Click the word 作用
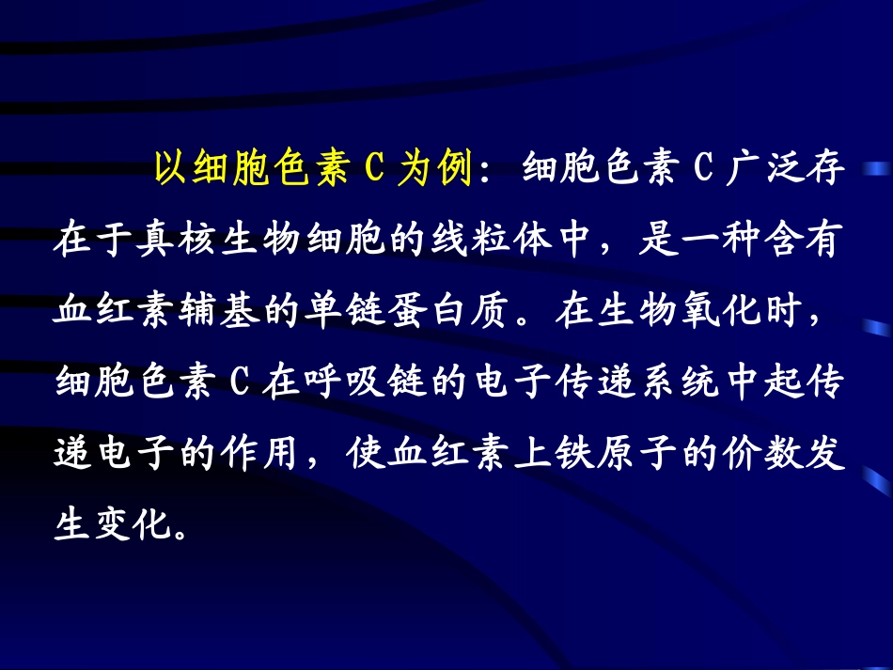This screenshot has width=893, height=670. [x=249, y=455]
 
